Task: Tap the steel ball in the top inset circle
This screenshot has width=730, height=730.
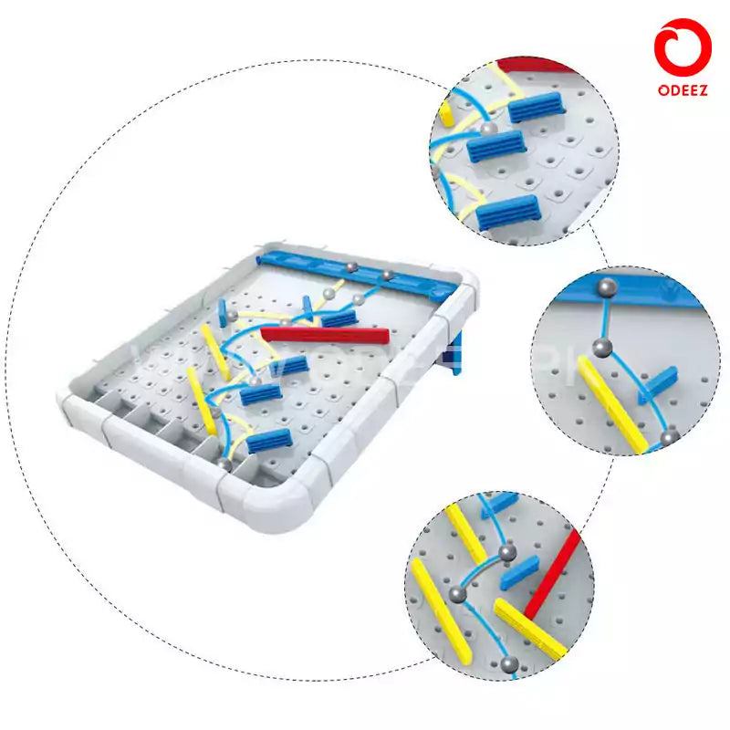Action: [x=490, y=130]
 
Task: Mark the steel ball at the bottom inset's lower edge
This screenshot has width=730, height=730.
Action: [x=510, y=664]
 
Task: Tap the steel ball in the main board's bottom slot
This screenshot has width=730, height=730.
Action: [x=225, y=464]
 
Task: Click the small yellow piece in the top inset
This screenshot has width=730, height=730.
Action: [x=447, y=112]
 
